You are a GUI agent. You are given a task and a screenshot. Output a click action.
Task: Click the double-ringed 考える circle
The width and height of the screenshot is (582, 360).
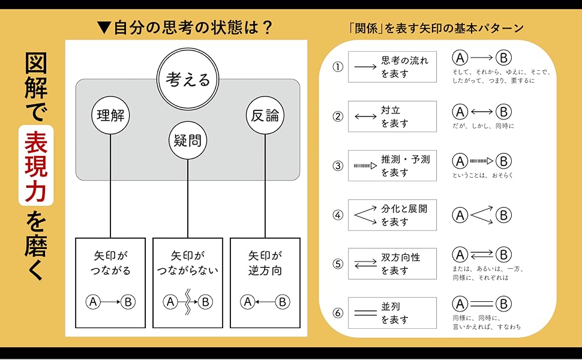(187, 80)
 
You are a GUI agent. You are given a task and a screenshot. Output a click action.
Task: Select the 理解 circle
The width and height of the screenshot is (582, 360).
(111, 115)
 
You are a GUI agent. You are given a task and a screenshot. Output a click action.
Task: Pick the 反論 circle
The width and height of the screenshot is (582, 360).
(265, 115)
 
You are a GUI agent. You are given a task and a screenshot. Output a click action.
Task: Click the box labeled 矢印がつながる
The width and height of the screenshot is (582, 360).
(110, 283)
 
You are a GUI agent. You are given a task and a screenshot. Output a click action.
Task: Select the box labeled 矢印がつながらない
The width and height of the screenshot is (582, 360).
(187, 283)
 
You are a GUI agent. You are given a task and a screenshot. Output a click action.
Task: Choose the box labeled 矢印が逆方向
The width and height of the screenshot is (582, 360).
(265, 283)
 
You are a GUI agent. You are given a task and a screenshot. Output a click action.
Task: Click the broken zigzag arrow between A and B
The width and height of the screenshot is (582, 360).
(187, 302)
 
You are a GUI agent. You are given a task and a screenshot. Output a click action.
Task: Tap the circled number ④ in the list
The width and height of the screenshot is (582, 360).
(338, 215)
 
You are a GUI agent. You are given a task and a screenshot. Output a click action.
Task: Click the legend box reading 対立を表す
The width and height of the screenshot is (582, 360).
(392, 116)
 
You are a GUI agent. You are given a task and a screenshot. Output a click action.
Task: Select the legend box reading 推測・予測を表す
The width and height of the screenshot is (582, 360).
(392, 166)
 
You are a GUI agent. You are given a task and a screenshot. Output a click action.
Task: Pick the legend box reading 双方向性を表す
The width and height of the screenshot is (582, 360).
(392, 264)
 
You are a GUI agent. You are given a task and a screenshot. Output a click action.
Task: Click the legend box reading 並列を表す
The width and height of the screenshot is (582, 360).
(392, 313)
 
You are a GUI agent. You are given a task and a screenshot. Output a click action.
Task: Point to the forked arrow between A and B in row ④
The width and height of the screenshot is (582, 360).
(482, 215)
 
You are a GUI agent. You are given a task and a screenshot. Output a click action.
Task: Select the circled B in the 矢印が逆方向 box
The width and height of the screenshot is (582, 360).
(282, 302)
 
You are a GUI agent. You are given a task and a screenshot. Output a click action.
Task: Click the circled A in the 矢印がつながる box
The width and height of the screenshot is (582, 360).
(93, 302)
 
